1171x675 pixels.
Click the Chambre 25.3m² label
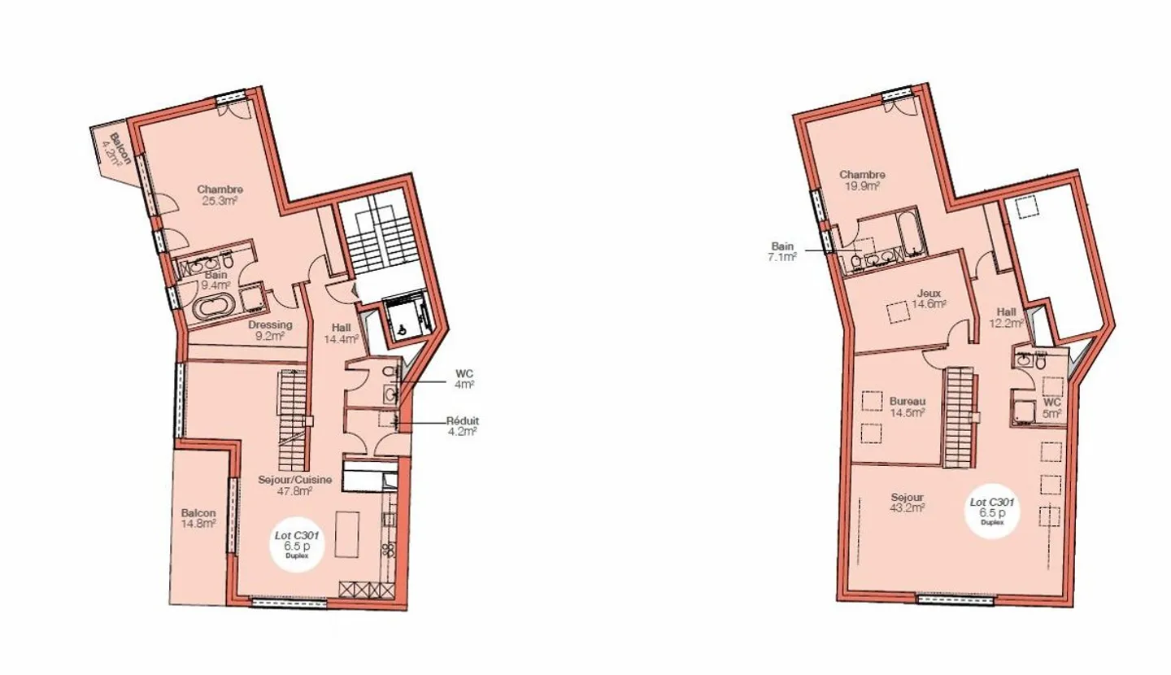(x=220, y=195)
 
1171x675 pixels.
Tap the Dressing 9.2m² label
(x=270, y=329)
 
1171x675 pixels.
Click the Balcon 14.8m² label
(x=198, y=518)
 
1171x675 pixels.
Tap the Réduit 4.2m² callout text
(x=462, y=425)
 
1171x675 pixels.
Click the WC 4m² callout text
(x=464, y=379)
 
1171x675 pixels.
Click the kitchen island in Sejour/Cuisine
(x=346, y=533)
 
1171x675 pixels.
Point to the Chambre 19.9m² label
(x=862, y=180)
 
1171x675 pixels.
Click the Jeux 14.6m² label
(x=928, y=298)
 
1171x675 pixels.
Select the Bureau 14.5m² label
(x=907, y=407)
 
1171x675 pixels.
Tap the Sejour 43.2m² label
(x=907, y=503)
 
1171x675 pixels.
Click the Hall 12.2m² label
(x=1007, y=316)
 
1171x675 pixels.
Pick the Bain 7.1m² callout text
(x=783, y=250)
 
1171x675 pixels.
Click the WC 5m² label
(x=1052, y=407)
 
